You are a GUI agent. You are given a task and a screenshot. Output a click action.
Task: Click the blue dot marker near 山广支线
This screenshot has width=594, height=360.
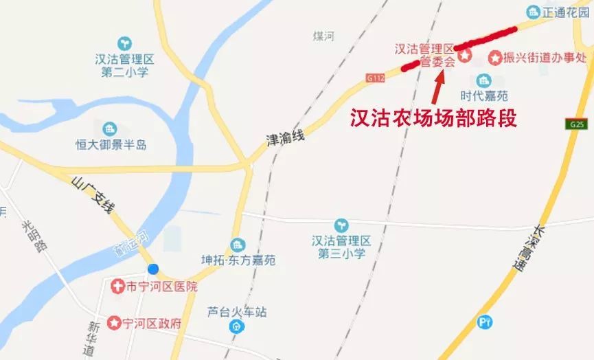153,269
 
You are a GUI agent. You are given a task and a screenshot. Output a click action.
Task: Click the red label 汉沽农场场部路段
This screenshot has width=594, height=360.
433,119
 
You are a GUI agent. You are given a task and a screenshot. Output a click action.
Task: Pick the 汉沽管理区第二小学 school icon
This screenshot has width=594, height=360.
124,43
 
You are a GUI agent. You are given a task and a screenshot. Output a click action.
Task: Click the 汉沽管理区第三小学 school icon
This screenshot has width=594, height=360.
341,225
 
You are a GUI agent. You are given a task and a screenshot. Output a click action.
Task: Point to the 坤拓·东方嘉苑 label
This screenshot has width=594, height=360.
238,261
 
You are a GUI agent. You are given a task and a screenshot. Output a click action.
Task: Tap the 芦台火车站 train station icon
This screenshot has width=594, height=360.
237,326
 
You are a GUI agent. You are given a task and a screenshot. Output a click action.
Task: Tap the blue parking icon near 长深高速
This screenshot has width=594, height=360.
486,322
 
